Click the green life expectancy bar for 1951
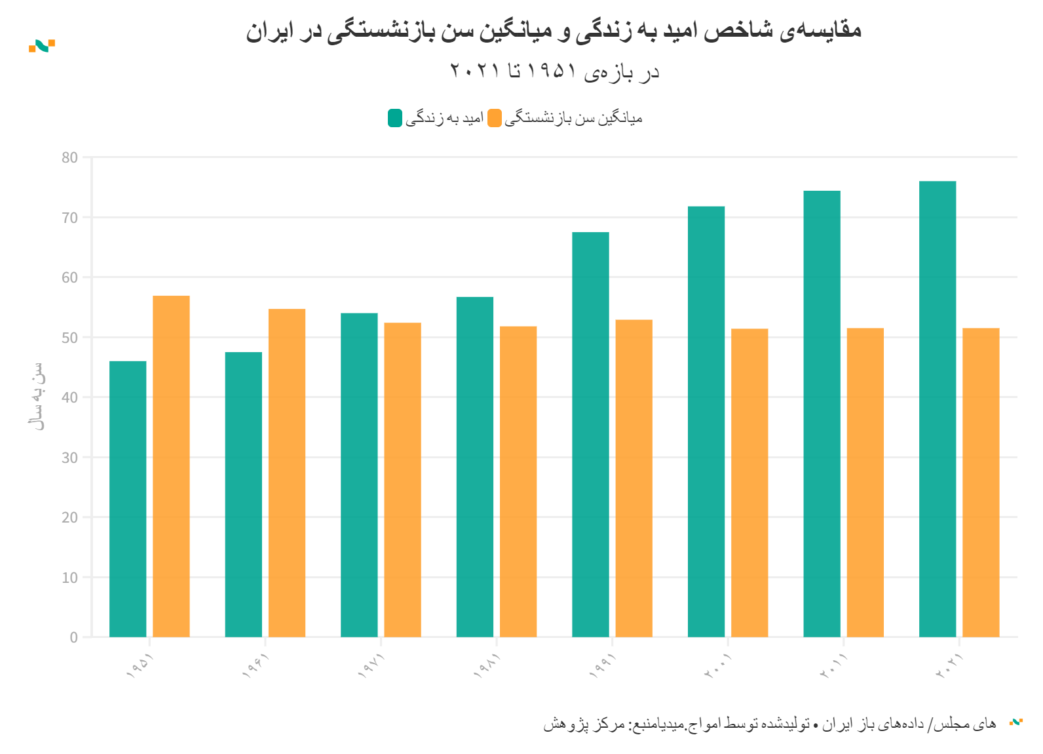pyautogui.click(x=128, y=498)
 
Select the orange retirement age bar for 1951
pyautogui.click(x=171, y=466)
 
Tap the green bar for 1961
pyautogui.click(x=244, y=495)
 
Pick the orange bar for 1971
pyautogui.click(x=402, y=479)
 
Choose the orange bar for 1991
pyautogui.click(x=634, y=479)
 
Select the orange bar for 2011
pyautogui.click(x=865, y=482)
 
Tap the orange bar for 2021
pyautogui.click(x=981, y=482)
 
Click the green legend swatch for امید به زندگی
pyautogui.click(x=395, y=118)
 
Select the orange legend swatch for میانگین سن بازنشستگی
pyautogui.click(x=495, y=118)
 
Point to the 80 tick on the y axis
pyautogui.click(x=69, y=157)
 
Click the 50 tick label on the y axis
pyautogui.click(x=69, y=338)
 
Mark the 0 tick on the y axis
pyautogui.click(x=73, y=637)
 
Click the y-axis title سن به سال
pyautogui.click(x=38, y=396)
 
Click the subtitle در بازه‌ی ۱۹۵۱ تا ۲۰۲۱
pyautogui.click(x=554, y=71)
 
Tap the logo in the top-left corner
pyautogui.click(x=42, y=46)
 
